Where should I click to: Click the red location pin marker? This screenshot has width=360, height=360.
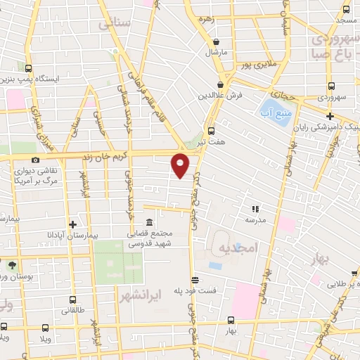pyautogui.click(x=181, y=165)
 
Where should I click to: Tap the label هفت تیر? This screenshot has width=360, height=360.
pyautogui.click(x=211, y=142)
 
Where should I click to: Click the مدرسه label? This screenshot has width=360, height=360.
pyautogui.click(x=255, y=219)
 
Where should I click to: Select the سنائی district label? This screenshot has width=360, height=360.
pyautogui.click(x=115, y=24)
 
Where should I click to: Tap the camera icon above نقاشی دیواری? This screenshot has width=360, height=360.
pyautogui.click(x=35, y=160)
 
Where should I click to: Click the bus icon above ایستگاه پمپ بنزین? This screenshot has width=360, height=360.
pyautogui.click(x=29, y=69)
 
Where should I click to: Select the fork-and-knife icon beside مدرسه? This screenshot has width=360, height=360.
pyautogui.click(x=256, y=208)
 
